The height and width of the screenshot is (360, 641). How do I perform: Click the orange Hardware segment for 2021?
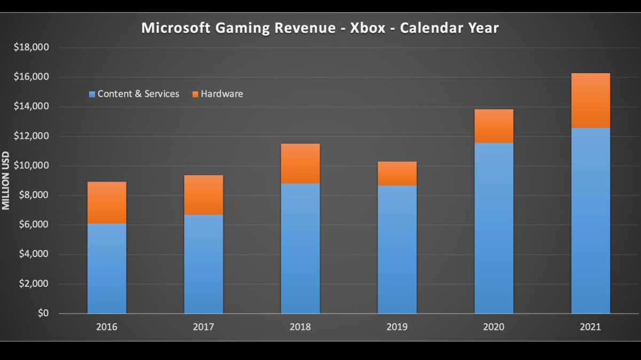point(590,100)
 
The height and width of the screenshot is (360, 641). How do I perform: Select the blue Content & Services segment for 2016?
point(107,268)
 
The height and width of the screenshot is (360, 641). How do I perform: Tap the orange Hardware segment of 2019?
point(397,174)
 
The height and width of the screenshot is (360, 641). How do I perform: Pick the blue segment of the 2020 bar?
point(494,228)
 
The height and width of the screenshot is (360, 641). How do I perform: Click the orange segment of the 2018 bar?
point(300,163)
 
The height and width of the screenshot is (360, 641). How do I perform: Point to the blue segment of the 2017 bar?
point(204,264)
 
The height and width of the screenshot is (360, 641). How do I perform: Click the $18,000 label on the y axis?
point(31,48)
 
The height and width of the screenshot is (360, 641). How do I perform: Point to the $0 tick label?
point(42,314)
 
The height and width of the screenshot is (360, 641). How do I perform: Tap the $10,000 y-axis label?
point(31,166)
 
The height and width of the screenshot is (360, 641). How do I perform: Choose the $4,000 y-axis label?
point(33,254)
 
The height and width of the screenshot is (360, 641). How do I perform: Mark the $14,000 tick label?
point(31,107)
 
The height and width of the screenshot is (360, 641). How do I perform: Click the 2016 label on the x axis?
point(107,327)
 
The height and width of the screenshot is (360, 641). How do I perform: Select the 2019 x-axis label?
point(397,327)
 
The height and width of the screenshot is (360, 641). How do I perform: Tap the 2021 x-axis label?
point(590,327)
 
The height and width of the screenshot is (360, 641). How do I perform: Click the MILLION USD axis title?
point(6,181)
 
